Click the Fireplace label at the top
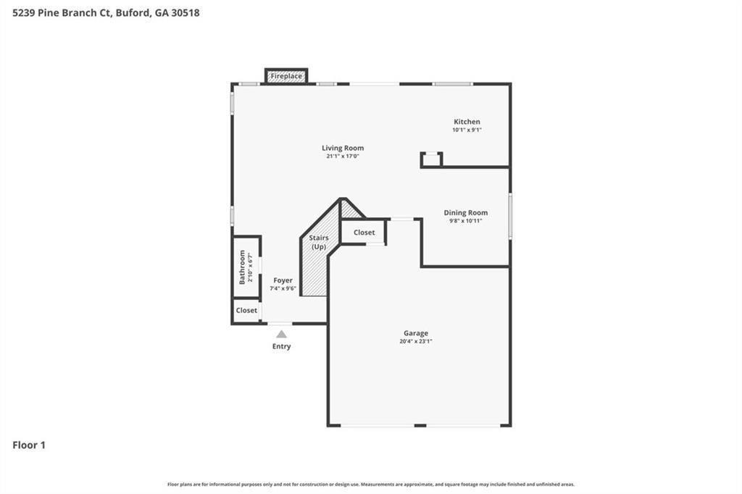(287, 76)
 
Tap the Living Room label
(343, 148)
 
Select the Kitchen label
(467, 122)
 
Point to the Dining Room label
(466, 212)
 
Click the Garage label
(416, 333)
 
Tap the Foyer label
(283, 280)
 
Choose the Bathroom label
(243, 267)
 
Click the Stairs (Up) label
(319, 242)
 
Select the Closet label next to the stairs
(364, 233)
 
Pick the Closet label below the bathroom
(246, 310)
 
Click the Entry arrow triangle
(281, 334)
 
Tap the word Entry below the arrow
(281, 346)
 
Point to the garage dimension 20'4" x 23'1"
(416, 342)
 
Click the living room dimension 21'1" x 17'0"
(343, 156)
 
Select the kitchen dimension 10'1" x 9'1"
(467, 130)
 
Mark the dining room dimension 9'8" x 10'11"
(466, 220)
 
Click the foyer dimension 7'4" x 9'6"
(283, 288)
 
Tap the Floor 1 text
(29, 445)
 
